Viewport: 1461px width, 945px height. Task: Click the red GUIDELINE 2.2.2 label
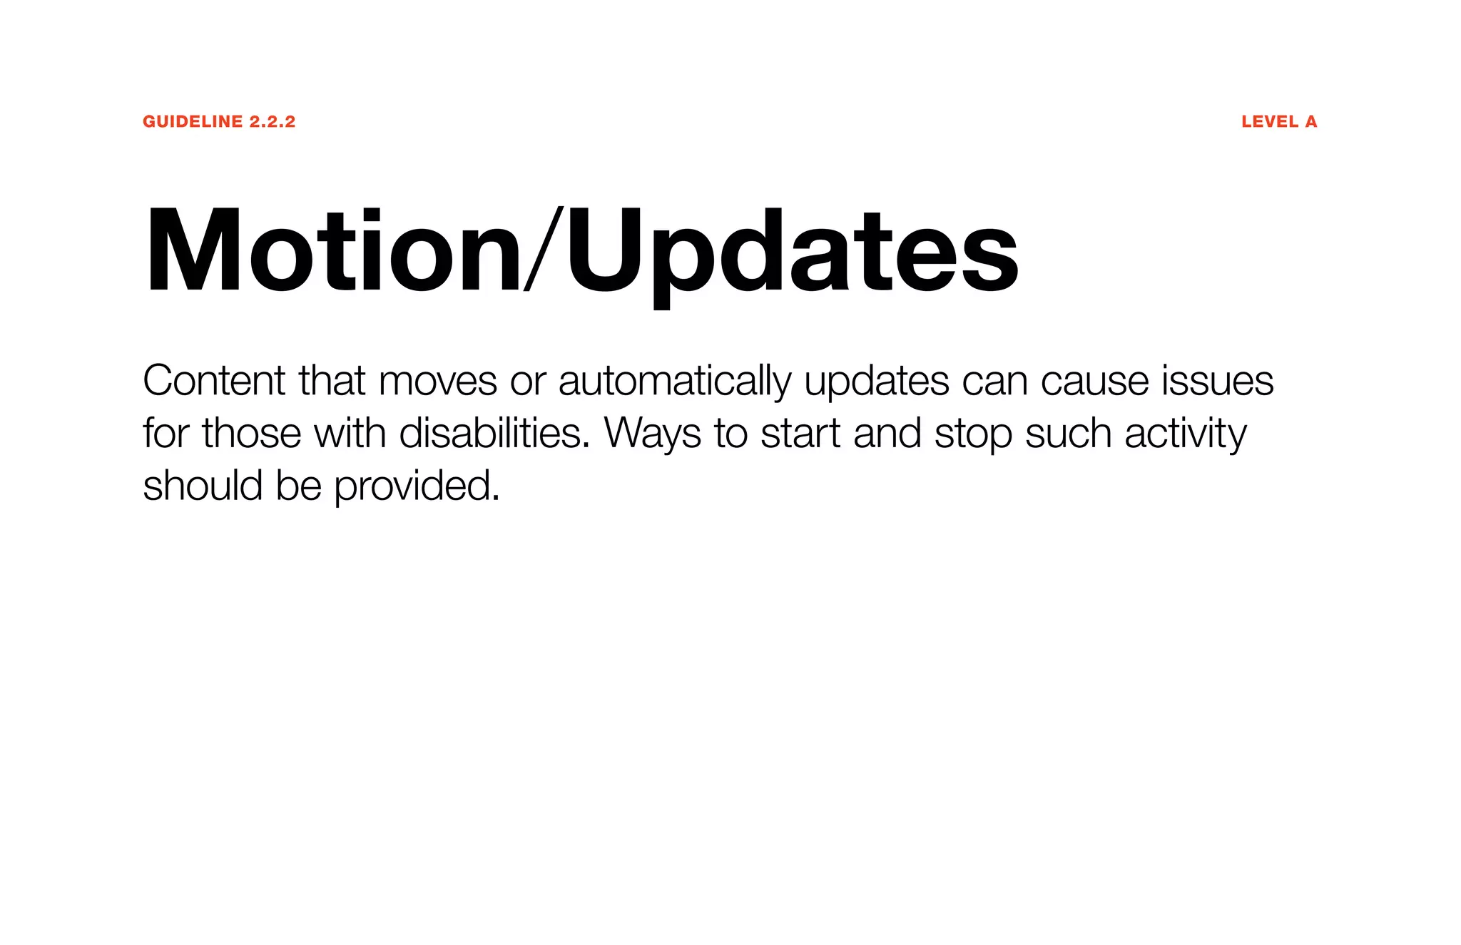pyautogui.click(x=218, y=122)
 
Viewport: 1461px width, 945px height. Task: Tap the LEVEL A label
pyautogui.click(x=1278, y=122)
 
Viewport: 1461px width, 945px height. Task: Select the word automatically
pyautogui.click(x=674, y=382)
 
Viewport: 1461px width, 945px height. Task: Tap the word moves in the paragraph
pyautogui.click(x=437, y=382)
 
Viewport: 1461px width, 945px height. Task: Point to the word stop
pyautogui.click(x=972, y=434)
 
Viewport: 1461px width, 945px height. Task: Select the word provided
pyautogui.click(x=417, y=486)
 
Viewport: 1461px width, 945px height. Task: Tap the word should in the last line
pyautogui.click(x=203, y=486)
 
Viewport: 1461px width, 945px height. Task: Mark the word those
pyautogui.click(x=251, y=433)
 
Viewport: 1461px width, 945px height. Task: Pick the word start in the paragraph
pyautogui.click(x=800, y=434)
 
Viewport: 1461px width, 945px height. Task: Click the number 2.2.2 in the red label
pyautogui.click(x=273, y=122)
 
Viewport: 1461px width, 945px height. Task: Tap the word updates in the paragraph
pyautogui.click(x=876, y=382)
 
